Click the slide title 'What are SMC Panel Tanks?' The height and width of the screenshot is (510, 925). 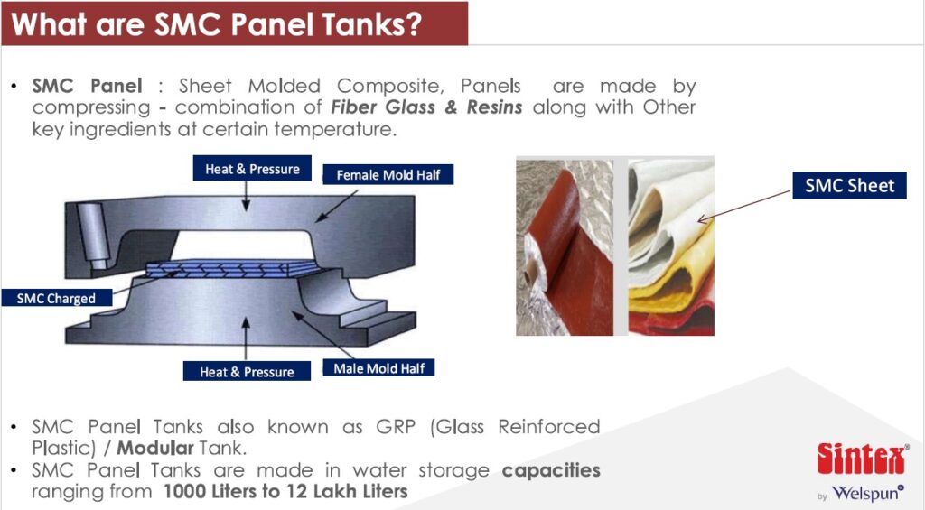pyautogui.click(x=217, y=23)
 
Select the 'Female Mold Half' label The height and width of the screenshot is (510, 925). pyautogui.click(x=388, y=174)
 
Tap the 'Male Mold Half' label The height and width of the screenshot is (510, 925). pyautogui.click(x=378, y=368)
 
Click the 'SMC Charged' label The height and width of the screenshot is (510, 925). pyautogui.click(x=56, y=298)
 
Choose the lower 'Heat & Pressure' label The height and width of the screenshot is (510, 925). pyautogui.click(x=247, y=371)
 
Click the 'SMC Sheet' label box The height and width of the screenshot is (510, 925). pyautogui.click(x=849, y=186)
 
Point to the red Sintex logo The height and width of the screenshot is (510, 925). pyautogui.click(x=862, y=459)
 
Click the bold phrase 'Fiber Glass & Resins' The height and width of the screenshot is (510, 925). pyautogui.click(x=426, y=107)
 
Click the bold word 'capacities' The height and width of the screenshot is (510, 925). pyautogui.click(x=551, y=470)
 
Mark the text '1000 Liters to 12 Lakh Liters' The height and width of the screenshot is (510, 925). pyautogui.click(x=285, y=492)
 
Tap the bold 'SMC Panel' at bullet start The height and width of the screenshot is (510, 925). pyautogui.click(x=87, y=86)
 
